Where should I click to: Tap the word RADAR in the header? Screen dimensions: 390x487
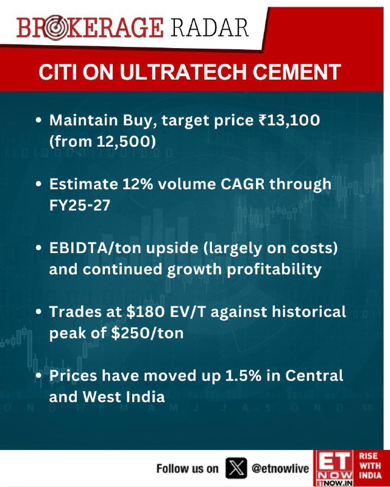point(210,27)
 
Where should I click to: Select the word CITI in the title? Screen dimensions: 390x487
point(57,72)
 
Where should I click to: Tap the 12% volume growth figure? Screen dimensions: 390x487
point(138,184)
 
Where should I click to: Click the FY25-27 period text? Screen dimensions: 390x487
point(80,205)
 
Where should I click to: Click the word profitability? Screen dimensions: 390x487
point(274,269)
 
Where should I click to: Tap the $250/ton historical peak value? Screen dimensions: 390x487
point(147,333)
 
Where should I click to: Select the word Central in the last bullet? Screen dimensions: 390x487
point(314,376)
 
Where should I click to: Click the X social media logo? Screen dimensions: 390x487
point(236,468)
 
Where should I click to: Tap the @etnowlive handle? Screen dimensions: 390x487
point(280,469)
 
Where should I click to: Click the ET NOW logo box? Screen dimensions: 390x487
point(333,468)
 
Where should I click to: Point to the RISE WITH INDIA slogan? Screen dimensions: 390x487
point(370,466)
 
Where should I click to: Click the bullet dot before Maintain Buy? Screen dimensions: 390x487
point(38,120)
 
